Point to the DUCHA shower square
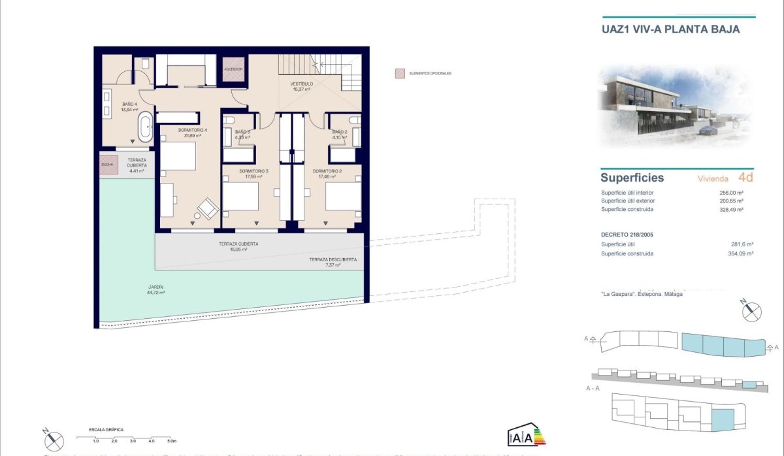[x=107, y=165]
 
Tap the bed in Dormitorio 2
[x=342, y=196]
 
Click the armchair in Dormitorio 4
[x=208, y=208]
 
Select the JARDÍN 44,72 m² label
[x=155, y=290]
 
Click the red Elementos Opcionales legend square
[x=399, y=73]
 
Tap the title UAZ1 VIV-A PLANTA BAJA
[x=670, y=29]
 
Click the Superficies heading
[x=632, y=178]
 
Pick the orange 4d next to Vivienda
[x=745, y=177]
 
